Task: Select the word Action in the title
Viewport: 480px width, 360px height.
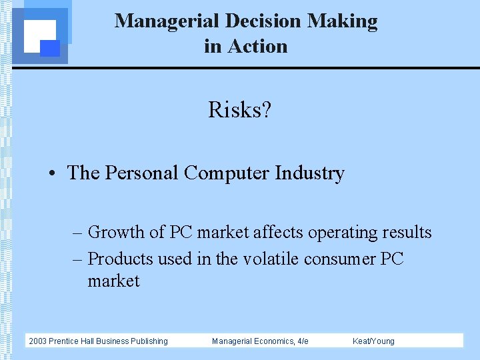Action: click(x=257, y=47)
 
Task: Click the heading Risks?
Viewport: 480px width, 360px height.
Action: click(x=239, y=109)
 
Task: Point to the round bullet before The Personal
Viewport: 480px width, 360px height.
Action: click(x=51, y=174)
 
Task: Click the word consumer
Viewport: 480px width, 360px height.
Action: click(x=340, y=259)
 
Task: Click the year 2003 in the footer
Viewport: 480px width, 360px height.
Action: click(x=37, y=341)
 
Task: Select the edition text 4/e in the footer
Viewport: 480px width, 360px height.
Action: click(x=302, y=341)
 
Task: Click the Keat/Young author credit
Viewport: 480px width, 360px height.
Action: click(x=373, y=341)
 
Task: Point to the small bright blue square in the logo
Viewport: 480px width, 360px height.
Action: click(x=50, y=48)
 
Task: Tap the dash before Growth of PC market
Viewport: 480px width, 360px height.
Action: click(x=78, y=233)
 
